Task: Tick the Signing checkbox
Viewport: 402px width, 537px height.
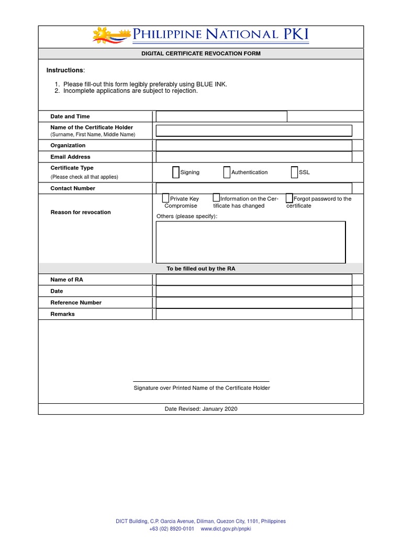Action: coord(176,173)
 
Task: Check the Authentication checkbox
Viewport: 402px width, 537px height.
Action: coord(227,173)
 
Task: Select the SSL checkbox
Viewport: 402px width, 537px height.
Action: coord(294,173)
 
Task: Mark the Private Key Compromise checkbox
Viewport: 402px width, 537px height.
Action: coord(165,198)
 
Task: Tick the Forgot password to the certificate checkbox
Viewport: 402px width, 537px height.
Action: coord(289,198)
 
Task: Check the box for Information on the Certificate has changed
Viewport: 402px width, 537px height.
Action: coord(216,198)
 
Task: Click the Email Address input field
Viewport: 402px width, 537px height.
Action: coord(254,157)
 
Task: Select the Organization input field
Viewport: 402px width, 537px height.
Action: coord(254,145)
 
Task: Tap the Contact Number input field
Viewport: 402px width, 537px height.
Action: coord(254,188)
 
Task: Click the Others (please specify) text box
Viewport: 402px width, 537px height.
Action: coord(251,242)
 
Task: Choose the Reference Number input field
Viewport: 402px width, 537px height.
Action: coord(254,303)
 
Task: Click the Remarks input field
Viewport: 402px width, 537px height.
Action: coord(254,314)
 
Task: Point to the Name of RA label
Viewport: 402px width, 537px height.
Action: coord(66,280)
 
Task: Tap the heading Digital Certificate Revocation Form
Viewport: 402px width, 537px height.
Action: coord(201,53)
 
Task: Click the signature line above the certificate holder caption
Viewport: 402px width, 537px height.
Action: coord(201,381)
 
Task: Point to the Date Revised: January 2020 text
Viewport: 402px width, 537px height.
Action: coord(201,409)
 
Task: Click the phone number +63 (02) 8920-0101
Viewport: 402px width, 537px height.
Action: coord(172,529)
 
